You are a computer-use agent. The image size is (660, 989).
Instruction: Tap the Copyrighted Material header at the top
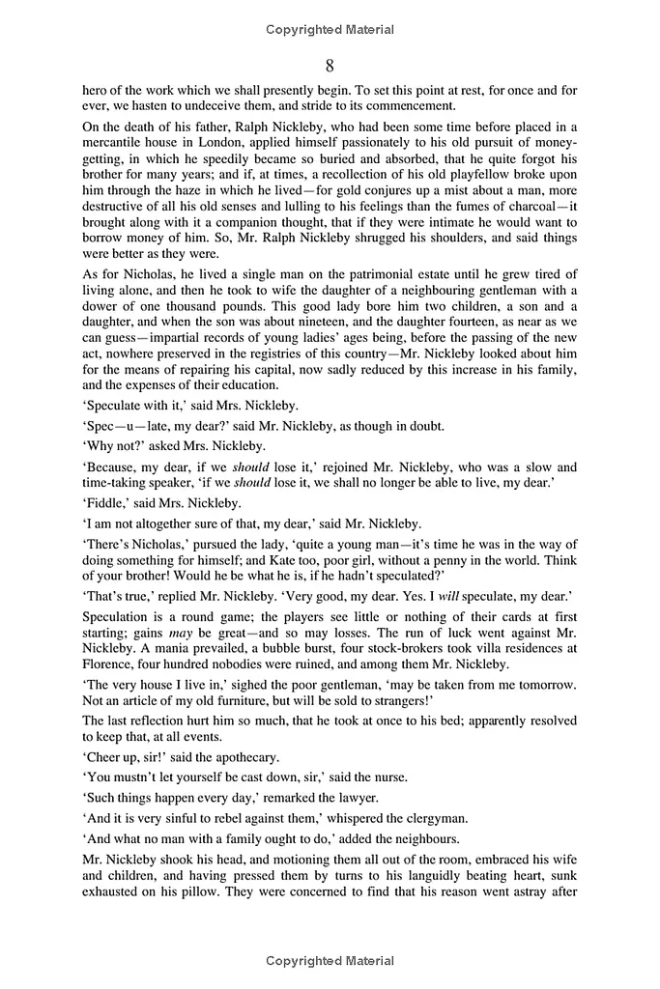330,30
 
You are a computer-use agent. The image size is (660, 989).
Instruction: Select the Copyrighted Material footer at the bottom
330,960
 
